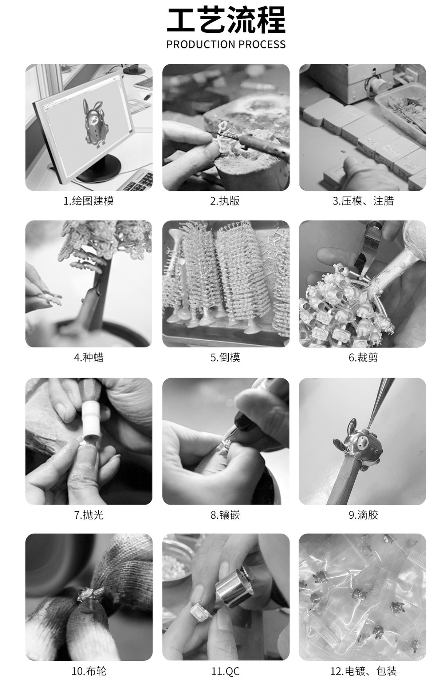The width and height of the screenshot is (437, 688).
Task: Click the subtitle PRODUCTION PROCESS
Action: click(226, 44)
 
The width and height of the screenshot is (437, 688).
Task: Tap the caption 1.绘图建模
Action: click(89, 201)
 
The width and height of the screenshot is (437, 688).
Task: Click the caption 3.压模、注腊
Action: click(363, 201)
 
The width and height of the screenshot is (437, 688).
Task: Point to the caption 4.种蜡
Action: click(89, 357)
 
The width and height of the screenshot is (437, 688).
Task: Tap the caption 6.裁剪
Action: click(363, 357)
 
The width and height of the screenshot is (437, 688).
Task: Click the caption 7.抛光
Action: click(89, 515)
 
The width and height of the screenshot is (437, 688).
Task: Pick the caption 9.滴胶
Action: click(363, 515)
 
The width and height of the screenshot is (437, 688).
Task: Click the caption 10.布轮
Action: click(89, 671)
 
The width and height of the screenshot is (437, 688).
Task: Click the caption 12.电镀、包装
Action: click(363, 671)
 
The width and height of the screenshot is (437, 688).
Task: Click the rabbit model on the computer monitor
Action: click(95, 122)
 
